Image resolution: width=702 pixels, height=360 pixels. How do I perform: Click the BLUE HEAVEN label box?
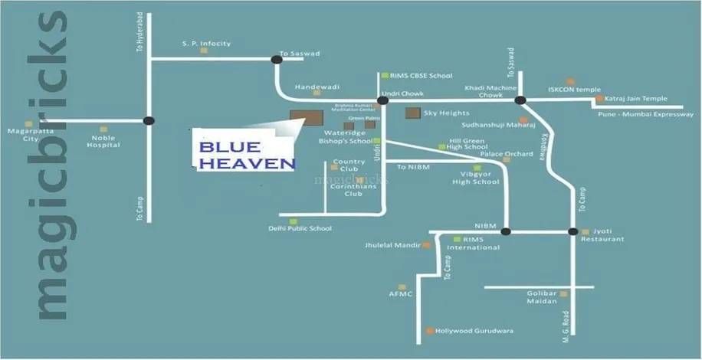tap(244, 152)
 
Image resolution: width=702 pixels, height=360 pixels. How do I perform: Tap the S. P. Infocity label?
tap(205, 44)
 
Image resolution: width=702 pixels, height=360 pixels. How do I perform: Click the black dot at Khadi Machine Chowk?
tap(520, 100)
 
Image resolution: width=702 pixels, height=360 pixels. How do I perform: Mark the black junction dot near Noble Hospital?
tap(149, 120)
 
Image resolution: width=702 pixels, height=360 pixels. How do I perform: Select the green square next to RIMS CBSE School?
tap(385, 76)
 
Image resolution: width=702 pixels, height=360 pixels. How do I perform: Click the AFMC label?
tap(401, 293)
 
